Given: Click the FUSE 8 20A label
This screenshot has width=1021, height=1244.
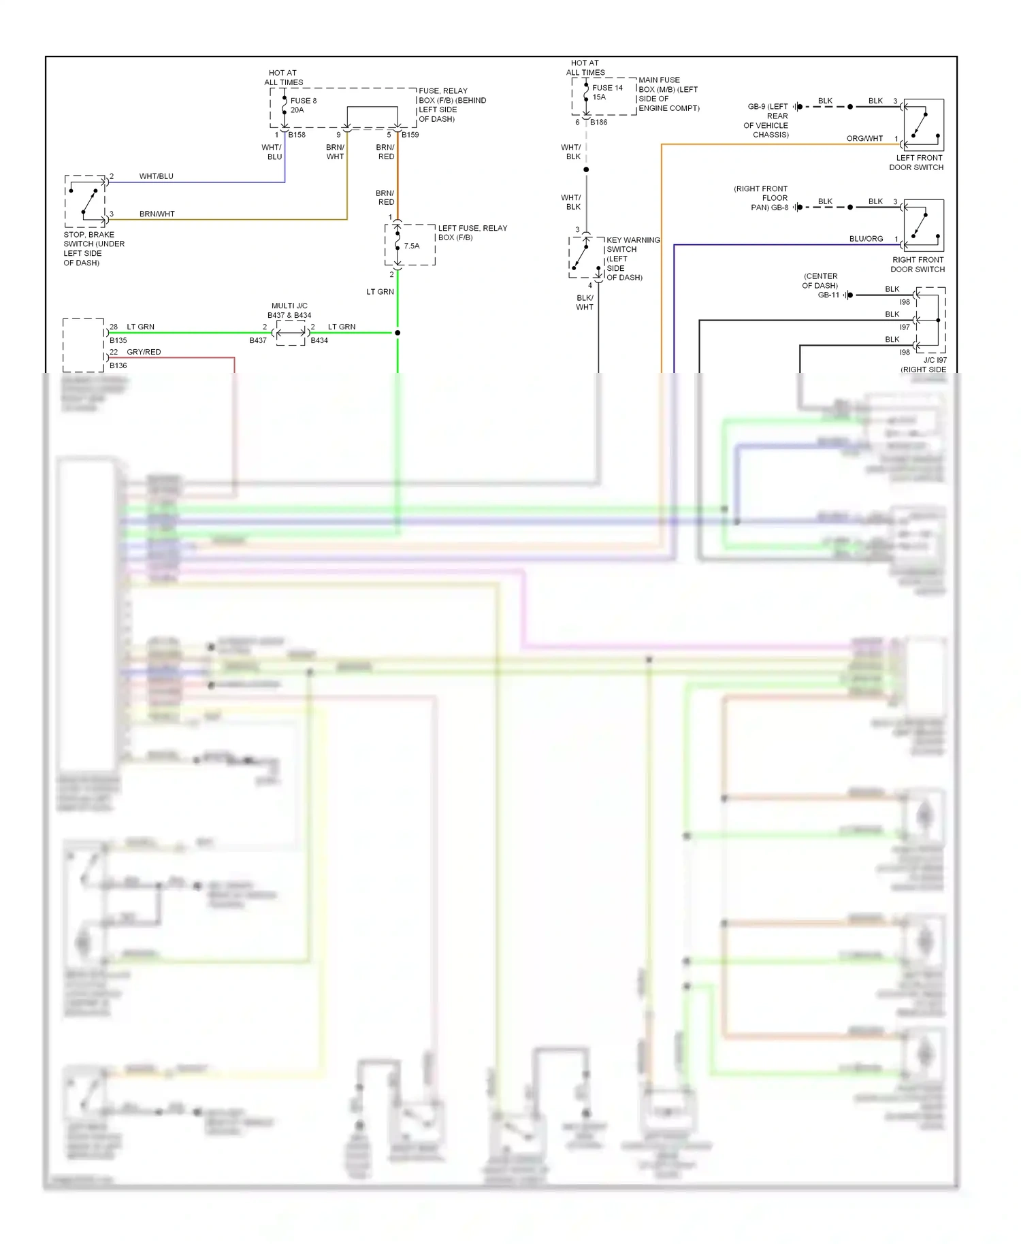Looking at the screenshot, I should pos(303,105).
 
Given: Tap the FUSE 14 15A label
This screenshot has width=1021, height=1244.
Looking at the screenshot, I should pos(606,92).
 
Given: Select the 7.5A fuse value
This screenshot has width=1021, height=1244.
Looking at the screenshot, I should pos(412,246).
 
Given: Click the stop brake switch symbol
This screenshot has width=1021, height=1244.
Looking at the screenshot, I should pos(86,201).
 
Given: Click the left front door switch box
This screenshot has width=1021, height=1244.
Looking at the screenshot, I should pos(924,125).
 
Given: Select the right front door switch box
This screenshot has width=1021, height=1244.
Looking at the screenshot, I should pos(924,225).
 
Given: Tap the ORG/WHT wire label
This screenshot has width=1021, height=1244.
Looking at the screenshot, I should pos(864,138).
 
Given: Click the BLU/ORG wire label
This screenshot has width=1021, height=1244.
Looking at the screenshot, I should pos(866,239).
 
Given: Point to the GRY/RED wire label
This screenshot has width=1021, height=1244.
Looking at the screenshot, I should pos(144,352).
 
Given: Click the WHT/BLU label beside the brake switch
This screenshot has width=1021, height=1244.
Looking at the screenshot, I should pos(156,176).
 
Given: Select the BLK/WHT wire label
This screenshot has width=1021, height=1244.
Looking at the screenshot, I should pos(585,302).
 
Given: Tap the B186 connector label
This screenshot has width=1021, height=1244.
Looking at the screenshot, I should pos(599,122).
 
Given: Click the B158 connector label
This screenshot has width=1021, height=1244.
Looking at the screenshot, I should pos(297,135).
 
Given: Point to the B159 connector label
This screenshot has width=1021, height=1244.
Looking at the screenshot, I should pos(410,135).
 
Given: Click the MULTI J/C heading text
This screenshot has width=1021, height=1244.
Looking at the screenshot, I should pos(289,306).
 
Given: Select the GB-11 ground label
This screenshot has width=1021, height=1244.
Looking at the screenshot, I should pos(828,295).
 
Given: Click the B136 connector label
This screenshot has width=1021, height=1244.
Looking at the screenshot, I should pos(118,365).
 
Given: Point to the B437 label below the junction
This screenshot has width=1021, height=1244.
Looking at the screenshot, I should pos(258,340).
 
